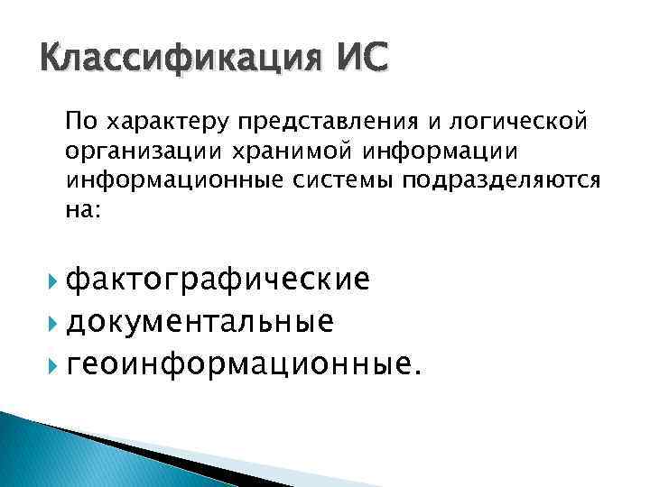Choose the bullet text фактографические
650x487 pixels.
(219, 279)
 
